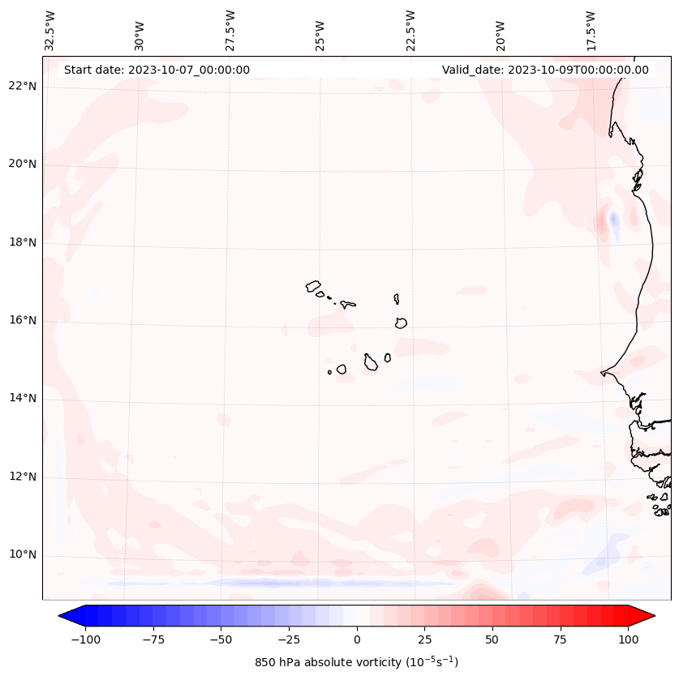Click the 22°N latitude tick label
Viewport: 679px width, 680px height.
point(23,86)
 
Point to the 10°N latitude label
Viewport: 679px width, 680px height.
point(23,555)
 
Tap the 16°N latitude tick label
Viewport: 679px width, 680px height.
point(23,320)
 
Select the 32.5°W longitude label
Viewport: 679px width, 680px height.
point(50,31)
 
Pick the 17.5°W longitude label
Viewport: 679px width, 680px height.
point(591,31)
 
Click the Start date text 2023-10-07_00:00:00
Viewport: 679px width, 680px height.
point(157,70)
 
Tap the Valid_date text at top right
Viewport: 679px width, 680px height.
point(545,70)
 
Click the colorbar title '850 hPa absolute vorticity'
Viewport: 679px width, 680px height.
point(356,663)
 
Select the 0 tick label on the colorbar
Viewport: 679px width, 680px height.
point(356,639)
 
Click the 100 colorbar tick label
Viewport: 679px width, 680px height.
point(628,639)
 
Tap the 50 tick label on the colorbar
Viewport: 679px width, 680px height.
point(492,639)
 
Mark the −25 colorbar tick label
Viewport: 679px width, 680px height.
point(288,639)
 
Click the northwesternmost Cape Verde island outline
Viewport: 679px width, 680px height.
point(313,285)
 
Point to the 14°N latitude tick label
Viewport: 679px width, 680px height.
point(23,398)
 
